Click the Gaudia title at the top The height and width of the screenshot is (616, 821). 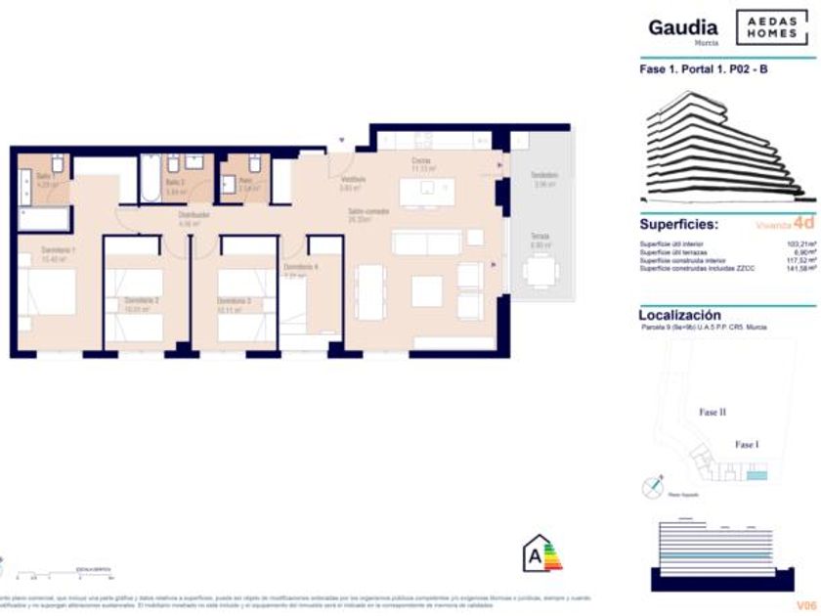[683, 27]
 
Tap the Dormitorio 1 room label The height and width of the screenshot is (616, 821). [59, 252]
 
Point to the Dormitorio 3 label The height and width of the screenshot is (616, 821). [235, 300]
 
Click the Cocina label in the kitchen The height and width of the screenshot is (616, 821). [422, 160]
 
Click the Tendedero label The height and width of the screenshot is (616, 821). [543, 175]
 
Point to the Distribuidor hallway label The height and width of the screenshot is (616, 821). [190, 217]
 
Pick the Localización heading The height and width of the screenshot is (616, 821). [679, 315]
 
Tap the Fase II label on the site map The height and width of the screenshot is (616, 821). [713, 413]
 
